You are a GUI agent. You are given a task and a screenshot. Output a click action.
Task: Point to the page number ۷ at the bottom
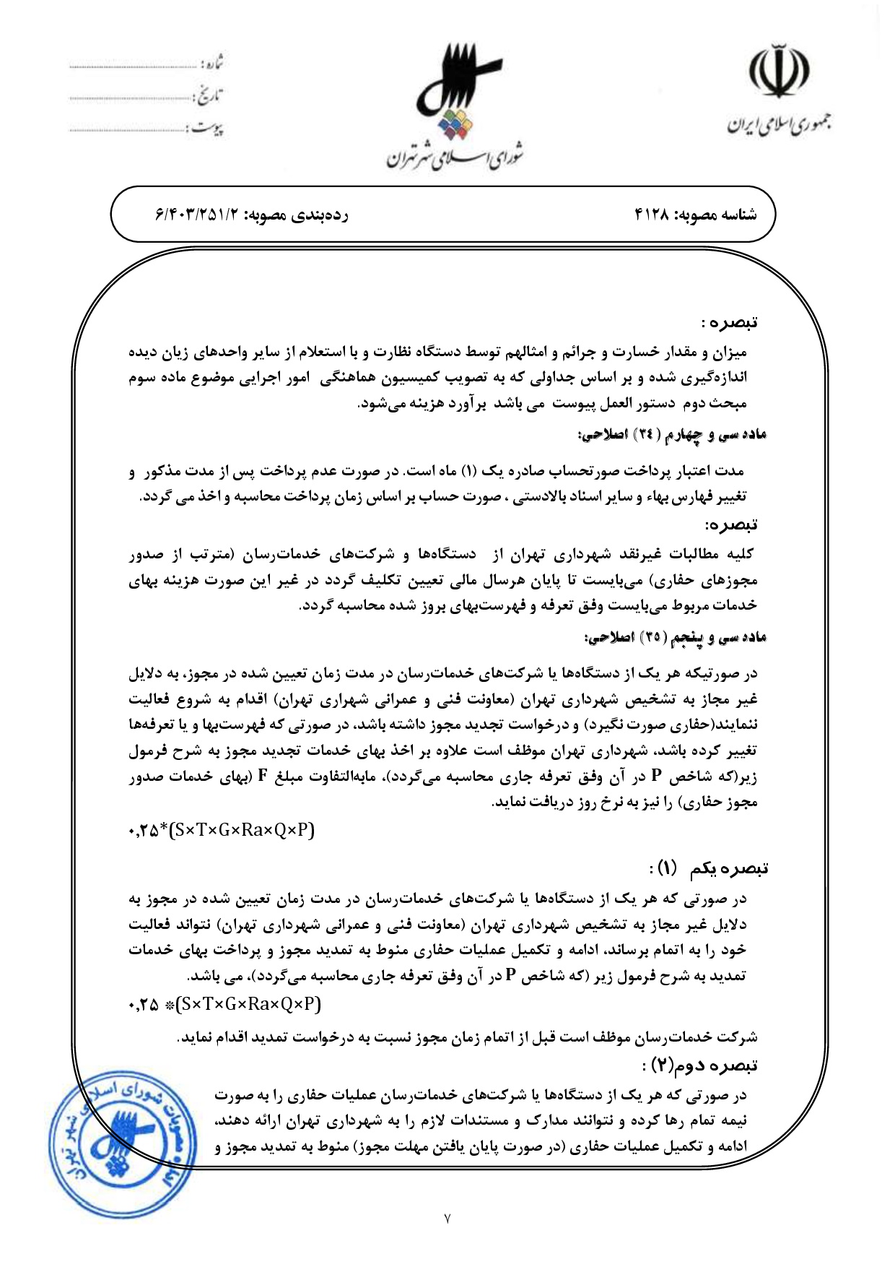447,1219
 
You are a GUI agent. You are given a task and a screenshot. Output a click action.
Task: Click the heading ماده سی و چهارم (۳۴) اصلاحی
671,435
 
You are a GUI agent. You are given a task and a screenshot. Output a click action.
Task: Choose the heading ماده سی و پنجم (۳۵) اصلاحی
675,638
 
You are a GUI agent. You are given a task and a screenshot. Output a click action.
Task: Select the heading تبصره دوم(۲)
700,1065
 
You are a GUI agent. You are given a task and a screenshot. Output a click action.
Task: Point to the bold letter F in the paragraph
263,776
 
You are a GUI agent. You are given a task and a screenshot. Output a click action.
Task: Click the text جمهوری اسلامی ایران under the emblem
778,125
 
